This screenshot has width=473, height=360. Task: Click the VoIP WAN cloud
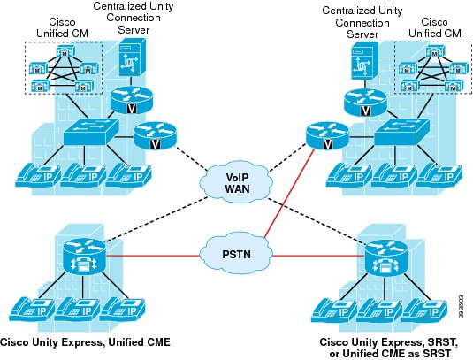238,183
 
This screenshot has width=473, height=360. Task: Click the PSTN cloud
237,254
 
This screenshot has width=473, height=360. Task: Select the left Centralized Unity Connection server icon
130,60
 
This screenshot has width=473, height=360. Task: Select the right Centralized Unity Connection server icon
364,61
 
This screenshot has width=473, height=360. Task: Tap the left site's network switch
91,131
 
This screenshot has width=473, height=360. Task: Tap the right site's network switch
401,132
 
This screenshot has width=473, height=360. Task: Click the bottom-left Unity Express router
85,257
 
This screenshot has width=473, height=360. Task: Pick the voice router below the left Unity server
132,100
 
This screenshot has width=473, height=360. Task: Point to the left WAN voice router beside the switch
155,136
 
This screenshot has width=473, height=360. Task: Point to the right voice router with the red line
327,136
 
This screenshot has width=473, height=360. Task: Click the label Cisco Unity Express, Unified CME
86,342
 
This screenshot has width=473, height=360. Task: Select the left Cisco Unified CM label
62,27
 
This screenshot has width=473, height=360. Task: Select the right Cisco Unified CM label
435,27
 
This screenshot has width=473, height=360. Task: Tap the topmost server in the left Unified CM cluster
65,51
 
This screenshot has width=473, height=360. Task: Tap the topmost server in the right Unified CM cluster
434,51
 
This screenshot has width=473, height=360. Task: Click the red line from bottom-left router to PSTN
153,257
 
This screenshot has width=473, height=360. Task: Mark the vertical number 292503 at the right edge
461,307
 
